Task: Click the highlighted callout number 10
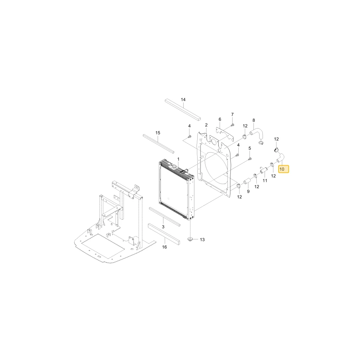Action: pos(282,169)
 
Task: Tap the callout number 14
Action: pos(183,100)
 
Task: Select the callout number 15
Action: pos(158,133)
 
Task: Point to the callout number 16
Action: pos(165,247)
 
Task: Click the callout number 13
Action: pos(202,240)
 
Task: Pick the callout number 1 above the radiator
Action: pos(178,159)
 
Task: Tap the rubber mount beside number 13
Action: pos(190,239)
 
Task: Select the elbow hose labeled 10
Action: pos(281,158)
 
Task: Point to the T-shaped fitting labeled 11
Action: pos(264,170)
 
